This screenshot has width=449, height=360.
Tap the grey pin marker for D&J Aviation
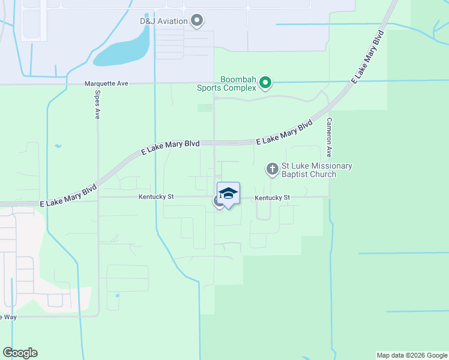pyautogui.click(x=197, y=21)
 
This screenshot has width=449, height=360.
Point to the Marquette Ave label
pyautogui.click(x=106, y=83)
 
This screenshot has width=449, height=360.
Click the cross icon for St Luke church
pyautogui.click(x=273, y=170)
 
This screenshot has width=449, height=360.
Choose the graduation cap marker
pyautogui.click(x=228, y=193)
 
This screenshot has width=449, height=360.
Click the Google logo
pyautogui.click(x=20, y=353)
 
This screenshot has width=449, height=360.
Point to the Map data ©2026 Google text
pyautogui.click(x=411, y=355)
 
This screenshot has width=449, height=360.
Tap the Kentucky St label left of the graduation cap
pyautogui.click(x=156, y=196)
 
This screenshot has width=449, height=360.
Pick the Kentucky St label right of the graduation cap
pyautogui.click(x=272, y=197)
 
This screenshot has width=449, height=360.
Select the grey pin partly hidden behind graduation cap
pyautogui.click(x=218, y=202)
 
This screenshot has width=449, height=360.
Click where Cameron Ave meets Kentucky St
pyautogui.click(x=329, y=196)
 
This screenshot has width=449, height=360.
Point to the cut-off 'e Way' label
pyautogui.click(x=8, y=317)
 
